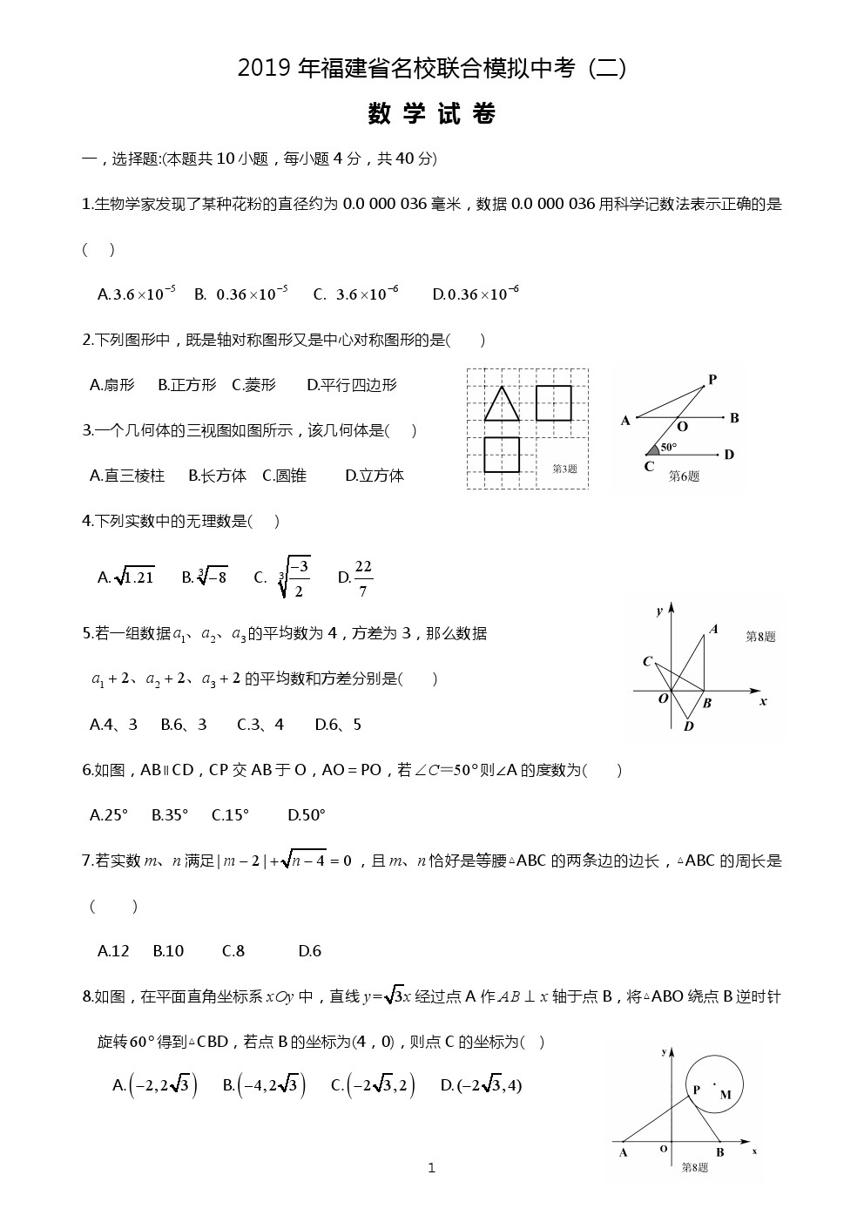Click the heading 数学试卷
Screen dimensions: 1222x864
click(432, 114)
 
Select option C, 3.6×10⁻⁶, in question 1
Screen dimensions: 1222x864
click(356, 294)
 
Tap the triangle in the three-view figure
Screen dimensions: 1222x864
click(502, 404)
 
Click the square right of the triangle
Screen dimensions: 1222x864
click(553, 403)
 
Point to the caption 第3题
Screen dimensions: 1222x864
click(564, 469)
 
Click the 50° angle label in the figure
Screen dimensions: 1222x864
click(668, 447)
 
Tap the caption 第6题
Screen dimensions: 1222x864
click(684, 476)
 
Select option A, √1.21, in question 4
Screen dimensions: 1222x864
click(126, 577)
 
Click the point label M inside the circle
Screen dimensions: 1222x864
click(726, 1095)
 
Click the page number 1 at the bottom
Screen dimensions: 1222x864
click(432, 1168)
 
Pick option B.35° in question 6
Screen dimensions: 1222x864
click(170, 815)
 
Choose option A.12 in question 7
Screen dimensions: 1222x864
click(113, 951)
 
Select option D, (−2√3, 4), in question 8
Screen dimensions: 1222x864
click(481, 1085)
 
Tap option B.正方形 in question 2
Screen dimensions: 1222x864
click(187, 385)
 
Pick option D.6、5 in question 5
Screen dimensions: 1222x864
click(338, 725)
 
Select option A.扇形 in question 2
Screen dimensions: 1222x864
click(112, 385)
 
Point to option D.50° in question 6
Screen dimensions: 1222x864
click(307, 815)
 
